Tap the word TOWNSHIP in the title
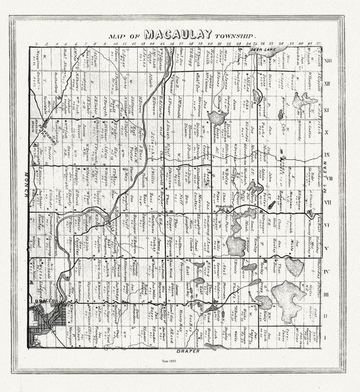click(x=236, y=34)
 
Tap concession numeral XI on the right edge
click(x=327, y=108)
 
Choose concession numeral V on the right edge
click(x=327, y=248)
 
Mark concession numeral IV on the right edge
click(x=327, y=271)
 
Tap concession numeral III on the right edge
click(x=327, y=294)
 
